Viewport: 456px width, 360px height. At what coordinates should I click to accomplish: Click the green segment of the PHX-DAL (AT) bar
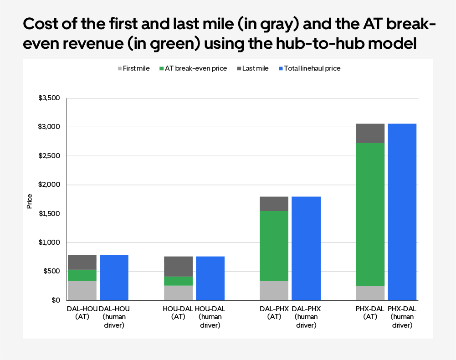pyautogui.click(x=370, y=214)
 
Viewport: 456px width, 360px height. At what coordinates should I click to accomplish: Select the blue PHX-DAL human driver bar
pyautogui.click(x=402, y=212)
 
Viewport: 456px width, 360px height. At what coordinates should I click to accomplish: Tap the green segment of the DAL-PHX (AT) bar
pyautogui.click(x=274, y=246)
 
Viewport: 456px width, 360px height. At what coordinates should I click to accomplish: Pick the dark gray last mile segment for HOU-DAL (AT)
pyautogui.click(x=178, y=267)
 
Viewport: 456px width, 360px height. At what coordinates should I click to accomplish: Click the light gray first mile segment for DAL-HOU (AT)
pyautogui.click(x=82, y=290)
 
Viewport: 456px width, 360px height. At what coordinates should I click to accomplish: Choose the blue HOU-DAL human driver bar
pyautogui.click(x=210, y=278)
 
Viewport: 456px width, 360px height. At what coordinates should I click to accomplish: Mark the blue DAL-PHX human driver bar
pyautogui.click(x=306, y=248)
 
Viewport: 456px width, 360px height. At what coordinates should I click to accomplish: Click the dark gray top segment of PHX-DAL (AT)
pyautogui.click(x=370, y=134)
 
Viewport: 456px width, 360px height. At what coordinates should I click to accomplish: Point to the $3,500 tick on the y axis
pyautogui.click(x=50, y=98)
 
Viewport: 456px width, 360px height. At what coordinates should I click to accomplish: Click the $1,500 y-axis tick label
pyautogui.click(x=50, y=214)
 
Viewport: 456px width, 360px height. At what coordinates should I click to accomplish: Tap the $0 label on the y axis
pyautogui.click(x=56, y=300)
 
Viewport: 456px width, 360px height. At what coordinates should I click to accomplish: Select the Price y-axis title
pyautogui.click(x=30, y=201)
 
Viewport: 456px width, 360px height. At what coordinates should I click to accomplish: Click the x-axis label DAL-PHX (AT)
pyautogui.click(x=274, y=313)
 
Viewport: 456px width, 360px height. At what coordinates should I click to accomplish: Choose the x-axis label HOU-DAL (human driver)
pyautogui.click(x=210, y=317)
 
